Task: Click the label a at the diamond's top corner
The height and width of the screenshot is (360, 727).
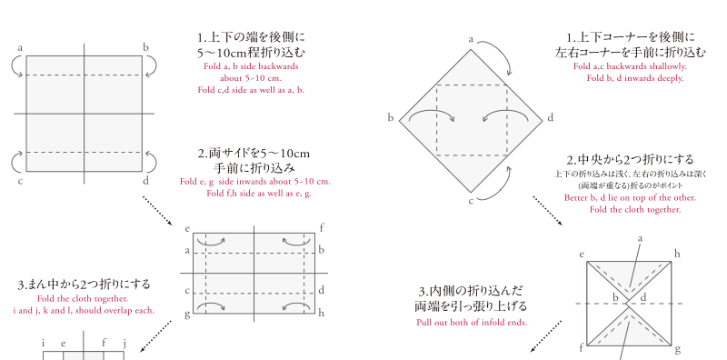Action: tap(471, 40)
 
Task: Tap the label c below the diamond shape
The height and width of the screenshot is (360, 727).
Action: tap(471, 201)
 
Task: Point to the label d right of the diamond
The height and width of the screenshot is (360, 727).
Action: tap(551, 118)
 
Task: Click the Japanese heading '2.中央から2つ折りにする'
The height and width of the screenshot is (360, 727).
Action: tap(630, 160)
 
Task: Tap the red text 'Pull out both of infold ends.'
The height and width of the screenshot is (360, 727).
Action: tap(472, 323)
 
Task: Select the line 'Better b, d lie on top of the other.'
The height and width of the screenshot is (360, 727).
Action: tap(630, 197)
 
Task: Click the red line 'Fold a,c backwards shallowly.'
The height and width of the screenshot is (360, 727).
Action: tap(630, 66)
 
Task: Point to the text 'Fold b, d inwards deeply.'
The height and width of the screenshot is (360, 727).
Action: tap(635, 78)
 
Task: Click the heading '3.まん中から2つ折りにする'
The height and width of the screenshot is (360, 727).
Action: tap(84, 285)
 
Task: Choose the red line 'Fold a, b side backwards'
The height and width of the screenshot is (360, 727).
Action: tap(251, 66)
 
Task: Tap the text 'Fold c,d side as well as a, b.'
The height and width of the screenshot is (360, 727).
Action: tap(251, 90)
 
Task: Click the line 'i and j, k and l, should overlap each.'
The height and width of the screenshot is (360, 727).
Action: tap(84, 310)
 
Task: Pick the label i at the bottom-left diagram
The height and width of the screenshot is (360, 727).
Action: tap(43, 344)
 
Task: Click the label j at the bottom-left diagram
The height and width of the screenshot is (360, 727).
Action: tap(124, 344)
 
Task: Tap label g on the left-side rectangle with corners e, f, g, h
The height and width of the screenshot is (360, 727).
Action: tap(187, 315)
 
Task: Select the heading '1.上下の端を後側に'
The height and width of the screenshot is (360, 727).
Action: tap(251, 37)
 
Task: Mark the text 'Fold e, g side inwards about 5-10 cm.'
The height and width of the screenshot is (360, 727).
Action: tap(255, 182)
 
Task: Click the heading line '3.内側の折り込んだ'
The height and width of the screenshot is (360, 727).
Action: tap(471, 291)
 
